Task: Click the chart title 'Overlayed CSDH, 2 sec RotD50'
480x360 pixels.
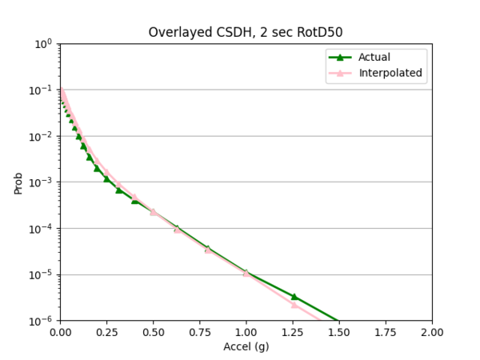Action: click(x=246, y=32)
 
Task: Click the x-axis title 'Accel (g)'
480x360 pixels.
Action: click(x=246, y=347)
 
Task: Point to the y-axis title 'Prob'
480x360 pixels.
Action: click(x=18, y=182)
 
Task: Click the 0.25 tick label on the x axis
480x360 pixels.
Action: click(x=106, y=332)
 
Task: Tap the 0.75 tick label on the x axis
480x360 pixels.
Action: click(x=199, y=332)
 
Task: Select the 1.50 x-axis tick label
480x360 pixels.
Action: click(x=339, y=332)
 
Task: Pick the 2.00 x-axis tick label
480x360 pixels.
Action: click(x=432, y=332)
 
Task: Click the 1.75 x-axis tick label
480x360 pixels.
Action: click(x=386, y=332)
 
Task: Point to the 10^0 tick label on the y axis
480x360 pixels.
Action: click(x=44, y=44)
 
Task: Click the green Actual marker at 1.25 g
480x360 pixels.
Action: click(x=294, y=297)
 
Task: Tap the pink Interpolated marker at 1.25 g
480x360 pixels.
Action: click(x=294, y=305)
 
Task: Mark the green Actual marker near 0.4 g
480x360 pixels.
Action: click(x=135, y=200)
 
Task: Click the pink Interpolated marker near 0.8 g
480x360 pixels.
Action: click(x=208, y=250)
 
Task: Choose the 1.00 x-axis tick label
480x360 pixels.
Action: click(x=246, y=332)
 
